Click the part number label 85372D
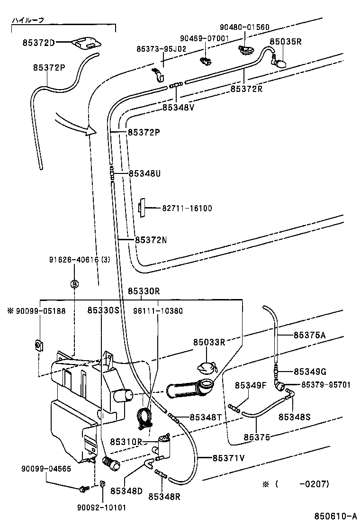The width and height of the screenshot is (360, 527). [x=38, y=43]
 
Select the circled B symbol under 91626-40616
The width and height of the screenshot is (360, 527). [x=74, y=283]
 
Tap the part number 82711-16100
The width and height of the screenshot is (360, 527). [x=187, y=208]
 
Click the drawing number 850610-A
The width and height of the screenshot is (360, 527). [x=334, y=516]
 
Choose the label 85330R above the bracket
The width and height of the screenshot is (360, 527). [x=144, y=291]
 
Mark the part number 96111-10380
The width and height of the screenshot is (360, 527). [x=158, y=311]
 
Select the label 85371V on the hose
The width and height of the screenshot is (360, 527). [x=228, y=458]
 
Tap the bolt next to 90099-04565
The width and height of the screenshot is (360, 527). [x=85, y=487]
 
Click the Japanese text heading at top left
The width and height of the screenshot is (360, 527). [x=28, y=21]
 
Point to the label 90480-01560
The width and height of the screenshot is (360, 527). [x=245, y=27]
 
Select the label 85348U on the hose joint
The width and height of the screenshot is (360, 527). [x=144, y=174]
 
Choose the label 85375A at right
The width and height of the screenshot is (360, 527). [x=309, y=335]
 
